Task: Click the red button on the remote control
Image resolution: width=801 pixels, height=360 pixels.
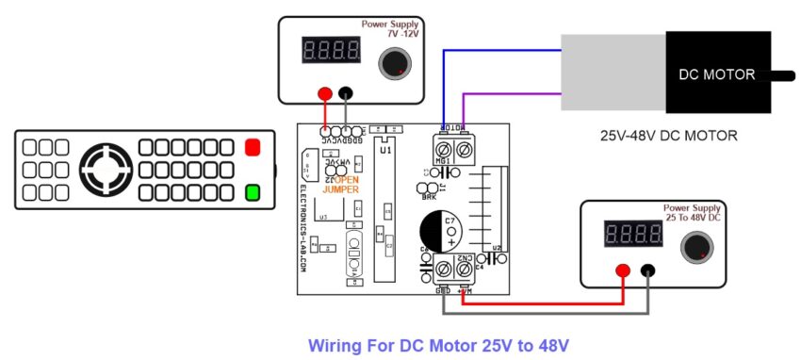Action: point(252,147)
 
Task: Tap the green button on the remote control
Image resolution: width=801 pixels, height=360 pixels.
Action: point(252,193)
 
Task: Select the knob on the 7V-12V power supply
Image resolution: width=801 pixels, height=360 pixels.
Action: point(393,64)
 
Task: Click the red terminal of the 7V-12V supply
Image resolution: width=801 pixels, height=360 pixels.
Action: point(325,93)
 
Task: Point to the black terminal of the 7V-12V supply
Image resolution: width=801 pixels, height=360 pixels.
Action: point(347,93)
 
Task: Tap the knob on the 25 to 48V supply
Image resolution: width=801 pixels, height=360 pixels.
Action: point(696,246)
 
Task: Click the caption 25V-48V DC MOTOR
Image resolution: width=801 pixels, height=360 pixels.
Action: point(669,136)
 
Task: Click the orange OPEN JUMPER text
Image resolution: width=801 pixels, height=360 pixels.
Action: point(341,184)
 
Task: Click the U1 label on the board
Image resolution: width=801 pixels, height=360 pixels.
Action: point(385,150)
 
